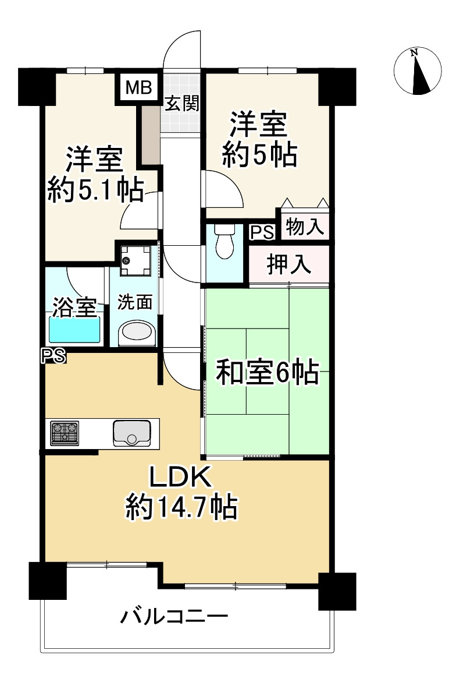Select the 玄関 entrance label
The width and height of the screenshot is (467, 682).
tap(181, 104)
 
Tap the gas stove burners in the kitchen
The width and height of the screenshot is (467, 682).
tap(65, 433)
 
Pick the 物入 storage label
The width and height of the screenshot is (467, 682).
tap(305, 227)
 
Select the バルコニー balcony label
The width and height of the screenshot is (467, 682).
tap(174, 616)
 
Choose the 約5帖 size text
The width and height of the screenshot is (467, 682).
tap(260, 155)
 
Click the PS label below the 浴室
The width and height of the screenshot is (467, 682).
tap(53, 355)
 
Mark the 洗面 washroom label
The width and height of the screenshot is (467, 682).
tap(135, 302)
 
